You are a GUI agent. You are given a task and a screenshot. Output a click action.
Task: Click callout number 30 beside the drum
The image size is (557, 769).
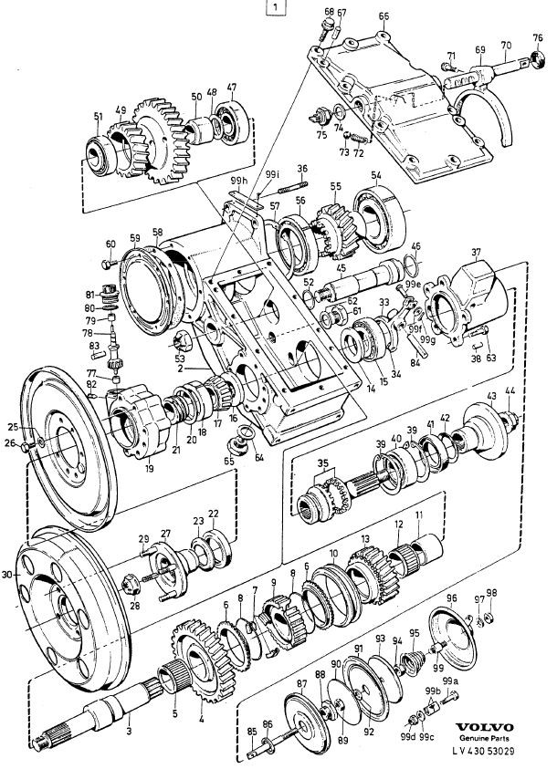pos(8,575)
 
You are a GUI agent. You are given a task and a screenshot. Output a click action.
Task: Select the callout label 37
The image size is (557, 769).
pos(475,252)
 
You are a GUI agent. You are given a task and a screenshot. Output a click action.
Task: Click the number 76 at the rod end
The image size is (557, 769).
pos(538,37)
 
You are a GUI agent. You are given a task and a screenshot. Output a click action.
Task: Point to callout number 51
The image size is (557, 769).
pos(98,116)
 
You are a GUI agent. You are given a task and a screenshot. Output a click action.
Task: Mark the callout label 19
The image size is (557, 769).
pos(149,469)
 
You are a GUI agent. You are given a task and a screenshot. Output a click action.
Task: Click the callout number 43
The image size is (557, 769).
pos(491,396)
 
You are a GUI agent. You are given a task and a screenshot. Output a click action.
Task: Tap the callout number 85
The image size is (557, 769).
pos(251,731)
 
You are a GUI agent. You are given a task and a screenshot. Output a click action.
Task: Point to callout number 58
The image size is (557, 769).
pos(157,234)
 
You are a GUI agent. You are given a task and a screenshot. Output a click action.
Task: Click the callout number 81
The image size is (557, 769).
pos(89,294)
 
